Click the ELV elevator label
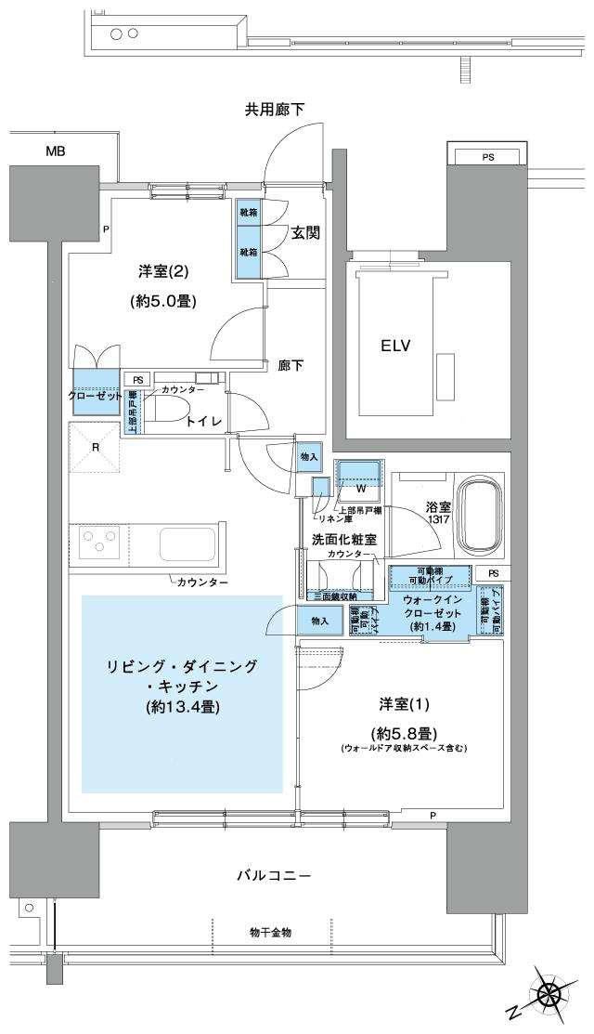click(x=394, y=345)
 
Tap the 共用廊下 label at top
click(x=275, y=111)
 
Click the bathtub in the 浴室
click(x=478, y=517)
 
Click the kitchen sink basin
click(x=188, y=543)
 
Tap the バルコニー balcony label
click(x=273, y=875)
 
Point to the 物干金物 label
click(x=270, y=932)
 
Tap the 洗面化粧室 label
click(x=343, y=540)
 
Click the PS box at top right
click(x=487, y=157)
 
